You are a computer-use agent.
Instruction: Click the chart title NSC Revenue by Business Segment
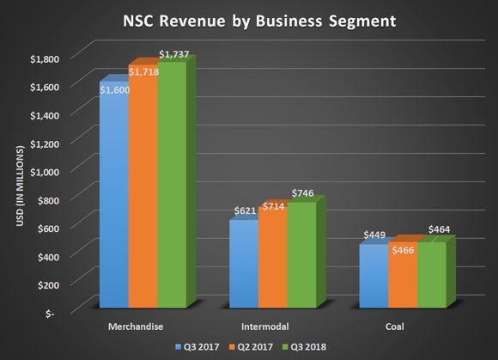248,18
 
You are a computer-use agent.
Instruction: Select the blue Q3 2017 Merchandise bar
114,198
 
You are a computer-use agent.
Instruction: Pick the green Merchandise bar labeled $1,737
172,189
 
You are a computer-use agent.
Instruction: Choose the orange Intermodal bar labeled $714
272,258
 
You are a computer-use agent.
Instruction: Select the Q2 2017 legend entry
248,347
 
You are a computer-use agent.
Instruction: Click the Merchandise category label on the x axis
137,326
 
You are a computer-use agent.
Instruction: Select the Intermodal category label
265,326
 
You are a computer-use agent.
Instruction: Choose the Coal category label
394,326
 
